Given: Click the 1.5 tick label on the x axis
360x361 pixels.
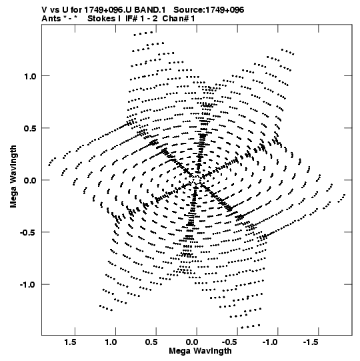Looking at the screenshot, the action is click(70, 342).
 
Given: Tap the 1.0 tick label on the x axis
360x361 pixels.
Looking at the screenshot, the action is click(111, 342).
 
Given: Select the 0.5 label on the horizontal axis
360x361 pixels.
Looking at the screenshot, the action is click(151, 342).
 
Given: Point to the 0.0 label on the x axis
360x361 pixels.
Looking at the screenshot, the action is click(192, 342).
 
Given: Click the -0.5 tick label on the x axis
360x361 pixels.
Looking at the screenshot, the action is click(230, 342).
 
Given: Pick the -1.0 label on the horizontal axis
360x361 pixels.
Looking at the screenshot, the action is click(271, 342).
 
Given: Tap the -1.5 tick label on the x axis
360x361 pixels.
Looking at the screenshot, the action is click(311, 342).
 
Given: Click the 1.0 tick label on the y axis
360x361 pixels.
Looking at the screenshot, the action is click(30, 76).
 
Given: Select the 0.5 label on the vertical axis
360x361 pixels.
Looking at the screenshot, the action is click(30, 128).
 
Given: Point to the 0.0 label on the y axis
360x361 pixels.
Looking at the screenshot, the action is click(30, 180).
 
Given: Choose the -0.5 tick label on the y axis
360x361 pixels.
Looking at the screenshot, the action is click(28, 232).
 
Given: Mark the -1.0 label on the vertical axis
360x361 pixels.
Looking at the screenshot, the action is click(28, 284).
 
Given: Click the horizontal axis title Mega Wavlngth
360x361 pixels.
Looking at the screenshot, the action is click(200, 351).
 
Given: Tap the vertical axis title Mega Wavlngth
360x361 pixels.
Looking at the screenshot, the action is click(13, 177).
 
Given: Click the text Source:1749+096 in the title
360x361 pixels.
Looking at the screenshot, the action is click(209, 10).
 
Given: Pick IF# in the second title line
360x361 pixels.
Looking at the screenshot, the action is click(132, 19).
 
